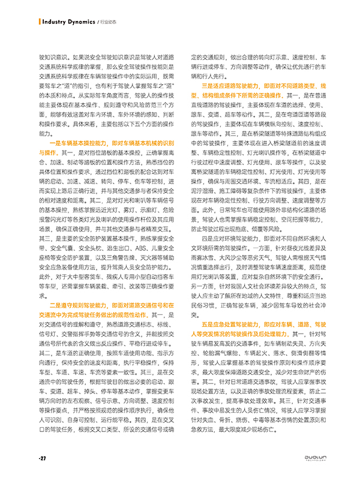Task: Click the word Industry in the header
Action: tap(56, 22)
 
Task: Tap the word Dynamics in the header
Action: tap(82, 22)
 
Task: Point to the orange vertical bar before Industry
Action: tap(40, 22)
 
